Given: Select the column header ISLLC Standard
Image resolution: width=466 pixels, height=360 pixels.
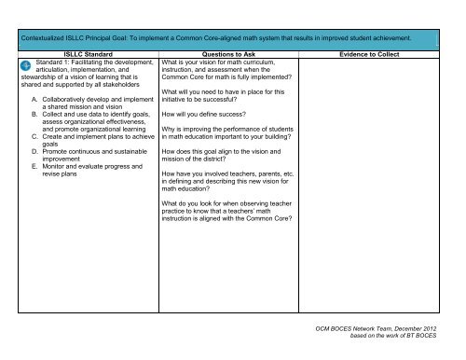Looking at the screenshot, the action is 83,54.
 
